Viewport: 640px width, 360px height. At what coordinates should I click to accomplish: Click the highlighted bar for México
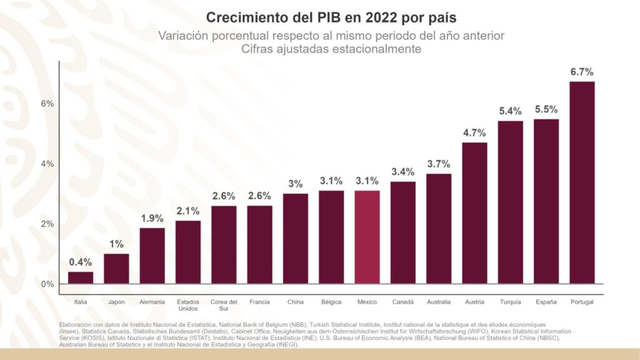pyautogui.click(x=367, y=237)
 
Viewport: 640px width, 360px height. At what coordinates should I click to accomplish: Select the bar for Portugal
pyautogui.click(x=582, y=182)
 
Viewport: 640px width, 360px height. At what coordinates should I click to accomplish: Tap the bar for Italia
pyautogui.click(x=81, y=278)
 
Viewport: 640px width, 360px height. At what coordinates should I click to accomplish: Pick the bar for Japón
pyautogui.click(x=116, y=269)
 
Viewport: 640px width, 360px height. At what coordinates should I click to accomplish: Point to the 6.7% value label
pyautogui.click(x=582, y=72)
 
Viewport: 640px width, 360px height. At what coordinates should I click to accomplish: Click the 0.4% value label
pyautogui.click(x=81, y=262)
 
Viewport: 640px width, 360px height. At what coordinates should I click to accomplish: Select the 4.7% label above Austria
pyautogui.click(x=474, y=132)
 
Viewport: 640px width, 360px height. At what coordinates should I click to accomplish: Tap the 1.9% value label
pyautogui.click(x=152, y=218)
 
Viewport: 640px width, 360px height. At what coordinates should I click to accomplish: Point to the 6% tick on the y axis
pyautogui.click(x=47, y=103)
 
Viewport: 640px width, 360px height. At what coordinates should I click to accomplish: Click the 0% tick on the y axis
pyautogui.click(x=47, y=284)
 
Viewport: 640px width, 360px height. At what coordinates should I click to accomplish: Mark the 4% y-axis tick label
pyautogui.click(x=47, y=164)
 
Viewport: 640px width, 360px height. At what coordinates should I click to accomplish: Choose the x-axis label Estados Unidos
pyautogui.click(x=188, y=306)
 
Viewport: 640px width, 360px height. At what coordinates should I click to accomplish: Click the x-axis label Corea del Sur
pyautogui.click(x=224, y=306)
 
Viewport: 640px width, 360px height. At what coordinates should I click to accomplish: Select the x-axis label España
pyautogui.click(x=546, y=302)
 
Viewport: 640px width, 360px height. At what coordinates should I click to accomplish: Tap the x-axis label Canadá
pyautogui.click(x=402, y=302)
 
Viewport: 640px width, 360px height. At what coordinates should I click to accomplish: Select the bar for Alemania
pyautogui.click(x=152, y=256)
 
